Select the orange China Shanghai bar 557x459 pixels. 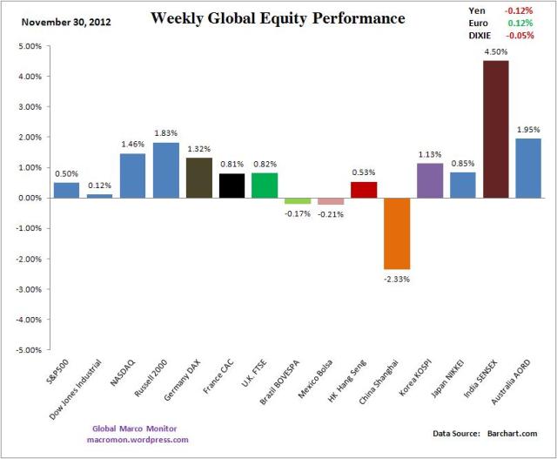pyautogui.click(x=398, y=233)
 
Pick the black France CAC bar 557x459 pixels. pyautogui.click(x=232, y=186)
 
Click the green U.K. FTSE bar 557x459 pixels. pyautogui.click(x=265, y=186)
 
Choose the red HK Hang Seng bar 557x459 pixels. pyautogui.click(x=365, y=190)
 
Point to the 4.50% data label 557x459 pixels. pyautogui.click(x=496, y=51)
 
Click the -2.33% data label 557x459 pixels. pyautogui.click(x=398, y=279)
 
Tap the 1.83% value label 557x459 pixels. pyautogui.click(x=166, y=133)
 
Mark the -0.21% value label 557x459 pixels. pyautogui.click(x=331, y=213)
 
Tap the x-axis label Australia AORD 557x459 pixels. pyautogui.click(x=513, y=384)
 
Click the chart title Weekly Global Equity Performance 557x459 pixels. pyautogui.click(x=277, y=18)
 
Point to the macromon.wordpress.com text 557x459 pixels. pyautogui.click(x=138, y=440)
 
